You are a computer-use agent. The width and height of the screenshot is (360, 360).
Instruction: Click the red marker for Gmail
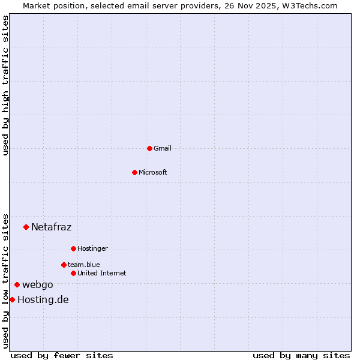pos(149,148)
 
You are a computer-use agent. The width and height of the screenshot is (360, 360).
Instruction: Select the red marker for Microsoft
pos(134,172)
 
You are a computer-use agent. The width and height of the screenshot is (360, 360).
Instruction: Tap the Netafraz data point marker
pos(26,227)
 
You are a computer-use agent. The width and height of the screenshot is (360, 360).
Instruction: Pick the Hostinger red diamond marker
pos(73,248)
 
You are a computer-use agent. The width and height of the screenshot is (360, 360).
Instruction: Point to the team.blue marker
pos(64,265)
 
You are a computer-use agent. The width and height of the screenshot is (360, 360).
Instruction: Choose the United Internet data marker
pos(73,273)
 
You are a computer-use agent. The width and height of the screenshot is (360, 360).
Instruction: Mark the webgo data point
pos(17,284)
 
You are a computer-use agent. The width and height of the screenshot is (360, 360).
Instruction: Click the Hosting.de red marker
pos(12,299)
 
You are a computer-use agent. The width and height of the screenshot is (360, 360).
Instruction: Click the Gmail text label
pos(163,148)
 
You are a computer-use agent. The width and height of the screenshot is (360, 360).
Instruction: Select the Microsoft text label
pos(153,172)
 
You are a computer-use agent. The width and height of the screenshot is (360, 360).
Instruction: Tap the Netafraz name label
pos(51,227)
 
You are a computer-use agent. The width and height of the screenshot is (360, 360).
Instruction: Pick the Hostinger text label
pos(92,248)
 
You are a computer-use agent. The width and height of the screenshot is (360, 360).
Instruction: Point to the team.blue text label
pos(84,265)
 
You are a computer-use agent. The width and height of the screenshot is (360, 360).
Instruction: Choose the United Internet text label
pos(102,273)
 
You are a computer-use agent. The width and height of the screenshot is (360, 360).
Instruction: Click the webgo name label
pos(38,284)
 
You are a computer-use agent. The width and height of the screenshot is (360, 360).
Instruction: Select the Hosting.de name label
pos(43,299)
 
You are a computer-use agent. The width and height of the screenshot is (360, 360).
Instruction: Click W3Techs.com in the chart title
pos(311,6)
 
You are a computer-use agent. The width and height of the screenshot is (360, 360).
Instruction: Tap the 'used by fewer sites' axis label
pos(62,355)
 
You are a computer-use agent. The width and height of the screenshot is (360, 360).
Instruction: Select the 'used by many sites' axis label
pos(301,355)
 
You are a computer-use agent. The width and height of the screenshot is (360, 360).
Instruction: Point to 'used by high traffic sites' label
pos(6,85)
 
